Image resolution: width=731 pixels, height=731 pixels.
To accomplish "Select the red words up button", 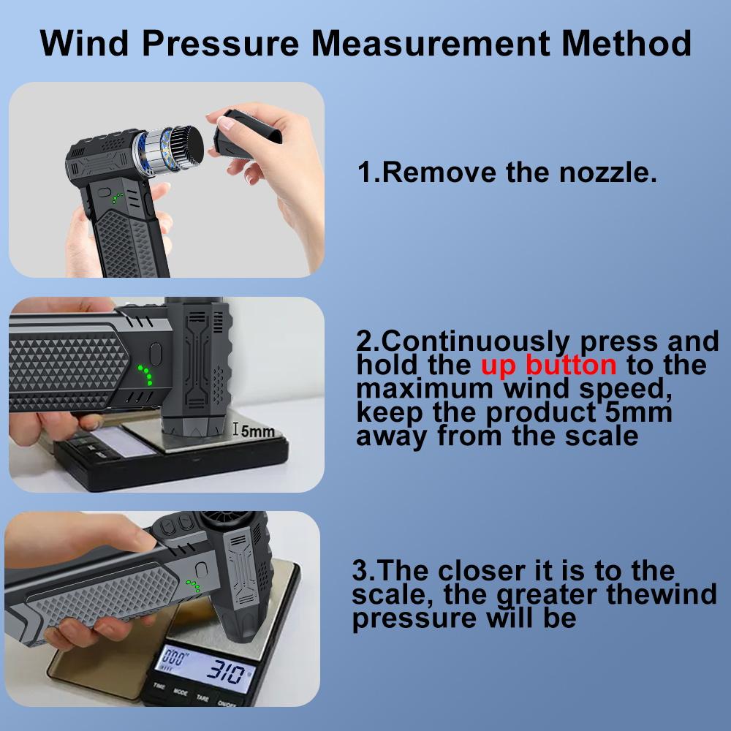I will [x=548, y=364].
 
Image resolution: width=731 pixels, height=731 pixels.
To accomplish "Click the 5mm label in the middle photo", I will [x=257, y=431].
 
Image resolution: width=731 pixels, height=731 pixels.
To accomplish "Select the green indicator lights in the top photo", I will [x=117, y=197].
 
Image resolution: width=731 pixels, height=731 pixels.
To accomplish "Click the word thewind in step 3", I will [x=661, y=594].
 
